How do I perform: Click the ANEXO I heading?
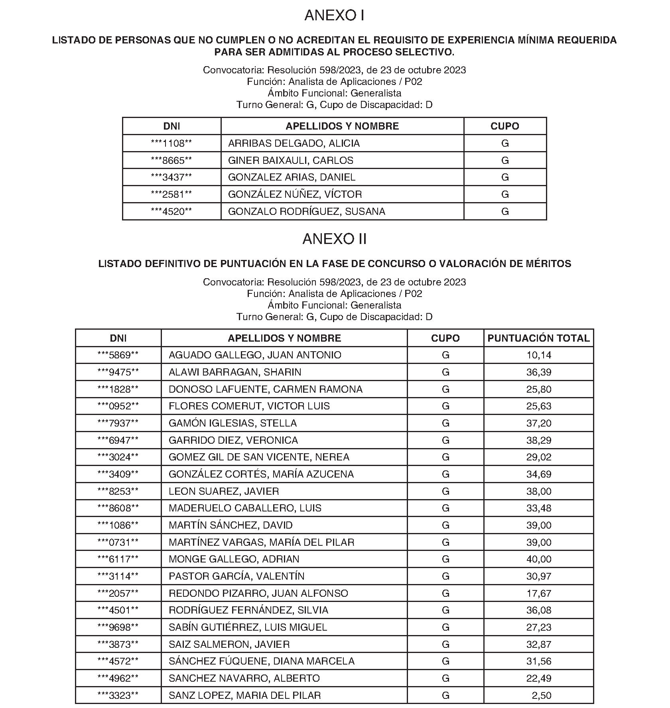click(x=334, y=16)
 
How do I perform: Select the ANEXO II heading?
click(x=334, y=239)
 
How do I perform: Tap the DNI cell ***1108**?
click(x=171, y=144)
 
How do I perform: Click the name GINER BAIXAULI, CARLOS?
click(x=290, y=161)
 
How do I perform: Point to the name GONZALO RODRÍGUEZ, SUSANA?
click(x=306, y=212)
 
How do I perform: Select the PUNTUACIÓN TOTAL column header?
click(x=538, y=338)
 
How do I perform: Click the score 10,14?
click(x=538, y=355)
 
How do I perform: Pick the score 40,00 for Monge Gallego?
click(x=538, y=559)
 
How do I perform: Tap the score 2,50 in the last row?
click(x=541, y=696)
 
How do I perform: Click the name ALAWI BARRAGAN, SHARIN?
click(x=235, y=372)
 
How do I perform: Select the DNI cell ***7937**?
click(x=118, y=423)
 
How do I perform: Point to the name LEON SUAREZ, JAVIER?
click(x=224, y=492)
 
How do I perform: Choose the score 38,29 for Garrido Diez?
click(x=538, y=441)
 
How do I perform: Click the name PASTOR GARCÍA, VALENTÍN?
click(x=236, y=576)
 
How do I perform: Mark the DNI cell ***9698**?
click(x=118, y=627)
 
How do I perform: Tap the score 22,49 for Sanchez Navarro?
click(x=538, y=678)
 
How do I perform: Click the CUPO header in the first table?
click(x=504, y=126)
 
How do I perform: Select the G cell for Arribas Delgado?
click(x=504, y=144)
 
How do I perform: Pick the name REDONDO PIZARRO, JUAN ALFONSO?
click(x=258, y=594)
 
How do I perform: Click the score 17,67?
click(x=538, y=594)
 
